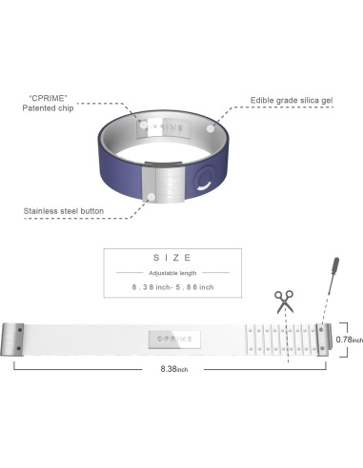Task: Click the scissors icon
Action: coord(284,302)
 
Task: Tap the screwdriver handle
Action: coord(335,266)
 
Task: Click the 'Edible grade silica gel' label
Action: coord(292,101)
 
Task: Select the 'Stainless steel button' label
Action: coord(64,211)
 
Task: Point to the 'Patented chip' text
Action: coord(48,108)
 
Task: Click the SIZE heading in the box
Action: coord(172,258)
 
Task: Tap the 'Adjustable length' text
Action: coord(172,273)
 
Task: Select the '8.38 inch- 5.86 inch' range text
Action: coord(172,287)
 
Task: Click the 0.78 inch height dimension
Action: coord(349,340)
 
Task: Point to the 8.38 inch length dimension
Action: coord(174,369)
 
